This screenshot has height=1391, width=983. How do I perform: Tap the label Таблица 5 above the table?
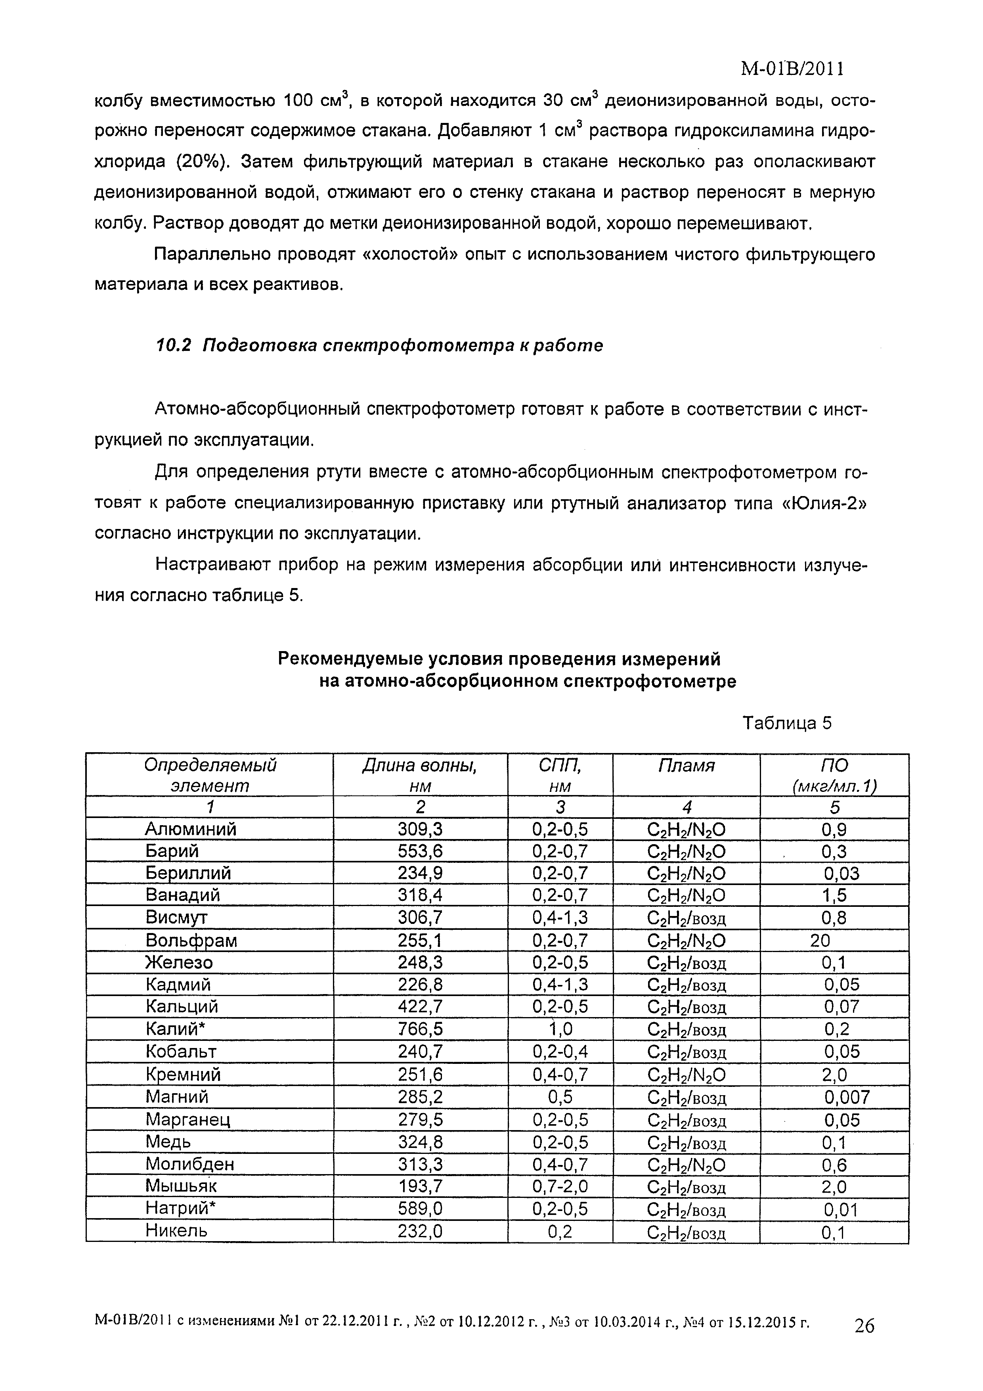point(787,723)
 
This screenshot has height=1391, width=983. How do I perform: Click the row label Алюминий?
point(191,829)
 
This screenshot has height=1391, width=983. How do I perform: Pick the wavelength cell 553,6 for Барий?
point(420,851)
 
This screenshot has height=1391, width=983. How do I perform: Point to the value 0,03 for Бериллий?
point(841,873)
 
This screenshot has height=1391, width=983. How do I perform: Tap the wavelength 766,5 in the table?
point(420,1029)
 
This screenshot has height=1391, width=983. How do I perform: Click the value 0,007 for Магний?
point(847,1096)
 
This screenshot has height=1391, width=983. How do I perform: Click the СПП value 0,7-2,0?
point(560,1186)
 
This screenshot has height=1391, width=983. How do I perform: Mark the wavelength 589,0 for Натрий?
point(420,1208)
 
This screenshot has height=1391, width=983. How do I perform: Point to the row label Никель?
point(176,1230)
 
